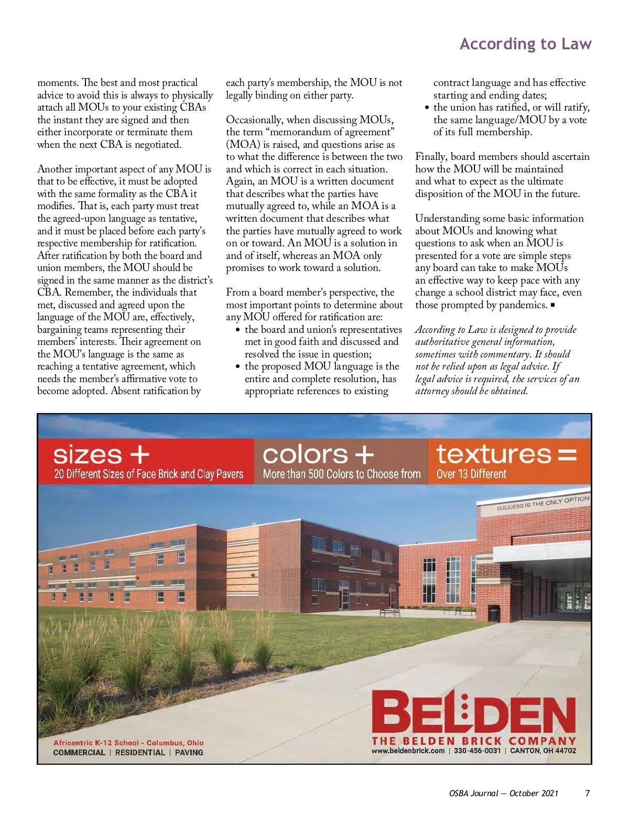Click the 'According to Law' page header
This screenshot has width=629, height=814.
pos(525,44)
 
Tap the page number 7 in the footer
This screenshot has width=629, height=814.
pos(588,793)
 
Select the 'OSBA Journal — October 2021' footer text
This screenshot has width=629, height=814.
pos(503,793)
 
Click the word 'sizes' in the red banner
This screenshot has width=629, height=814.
pos(88,454)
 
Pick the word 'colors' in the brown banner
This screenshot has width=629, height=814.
pos(305,454)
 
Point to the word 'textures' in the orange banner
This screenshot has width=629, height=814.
pos(493,454)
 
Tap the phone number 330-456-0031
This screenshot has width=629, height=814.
pos(477,751)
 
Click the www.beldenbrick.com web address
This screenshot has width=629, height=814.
pos(408,751)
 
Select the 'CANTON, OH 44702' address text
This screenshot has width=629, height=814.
pos(543,751)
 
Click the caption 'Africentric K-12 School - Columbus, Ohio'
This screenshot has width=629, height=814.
pos(128,743)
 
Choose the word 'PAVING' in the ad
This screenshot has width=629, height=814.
pos(189,753)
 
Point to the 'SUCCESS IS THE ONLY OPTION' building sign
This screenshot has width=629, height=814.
pos(543,503)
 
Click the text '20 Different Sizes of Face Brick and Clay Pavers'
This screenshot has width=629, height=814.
pos(148,474)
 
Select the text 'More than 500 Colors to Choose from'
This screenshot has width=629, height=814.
pos(342,474)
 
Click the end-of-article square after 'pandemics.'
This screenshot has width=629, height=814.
pos(552,305)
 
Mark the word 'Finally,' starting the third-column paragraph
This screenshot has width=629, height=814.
pos(431,157)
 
